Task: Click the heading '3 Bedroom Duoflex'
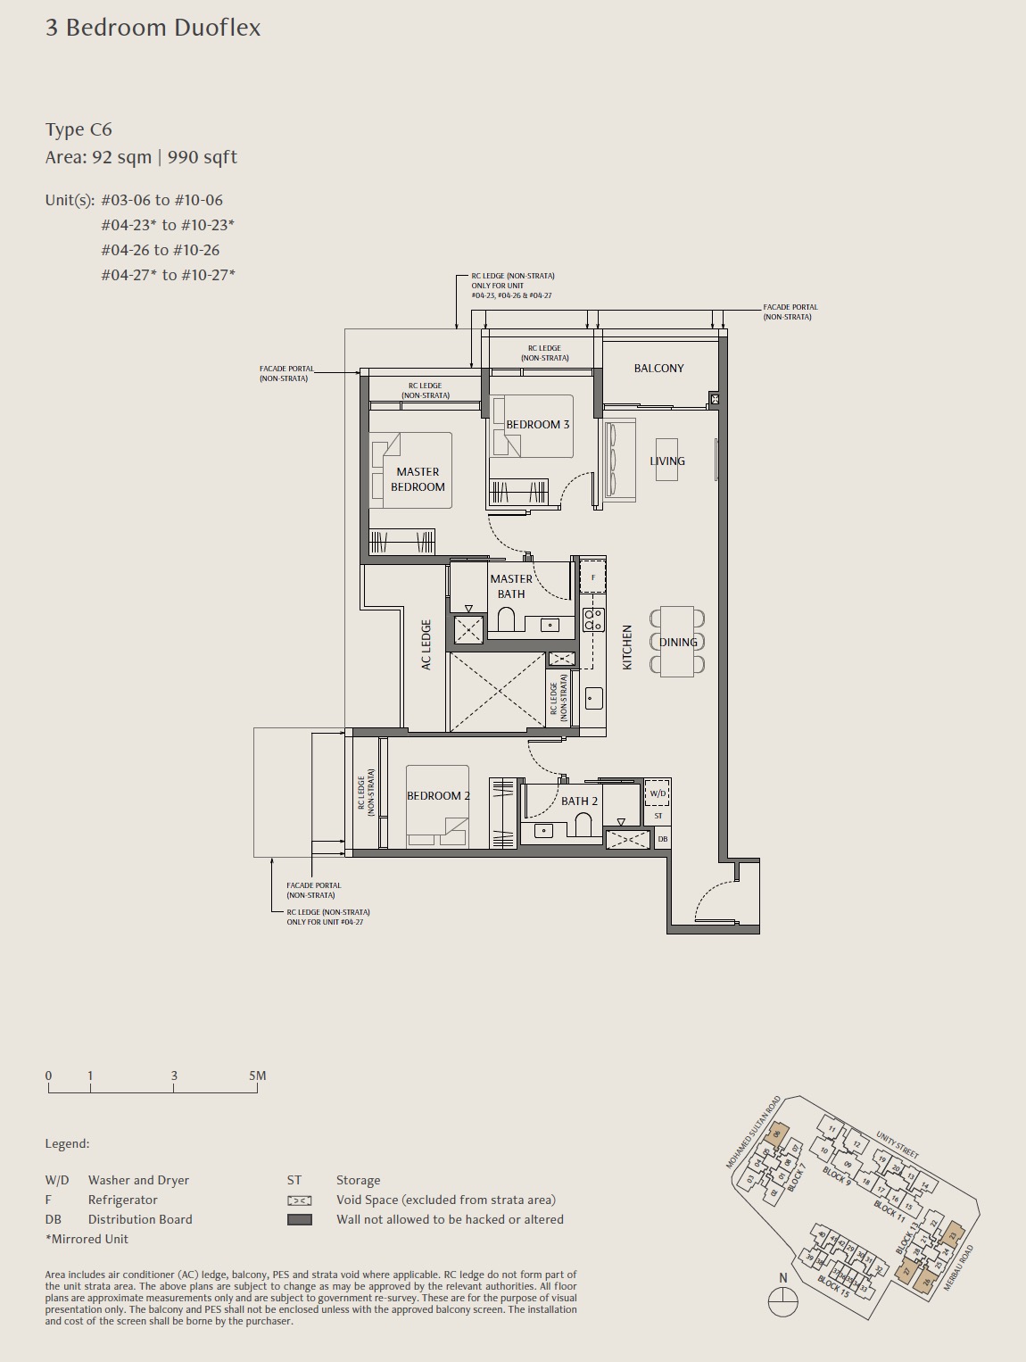153,28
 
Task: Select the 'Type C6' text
79,129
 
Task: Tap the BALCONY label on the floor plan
658,368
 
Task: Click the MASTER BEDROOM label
418,479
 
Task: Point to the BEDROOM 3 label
537,424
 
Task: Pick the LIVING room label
667,461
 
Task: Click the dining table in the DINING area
677,642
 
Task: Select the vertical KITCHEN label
627,647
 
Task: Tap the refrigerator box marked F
593,577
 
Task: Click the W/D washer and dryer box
658,793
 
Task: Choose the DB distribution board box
662,839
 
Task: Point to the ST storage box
658,816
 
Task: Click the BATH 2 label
579,801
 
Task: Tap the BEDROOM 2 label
438,795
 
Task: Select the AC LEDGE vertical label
426,644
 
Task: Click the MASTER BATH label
511,586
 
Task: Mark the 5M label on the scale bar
257,1075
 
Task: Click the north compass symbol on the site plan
782,1302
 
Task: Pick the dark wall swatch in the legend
300,1219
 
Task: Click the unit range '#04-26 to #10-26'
161,250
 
